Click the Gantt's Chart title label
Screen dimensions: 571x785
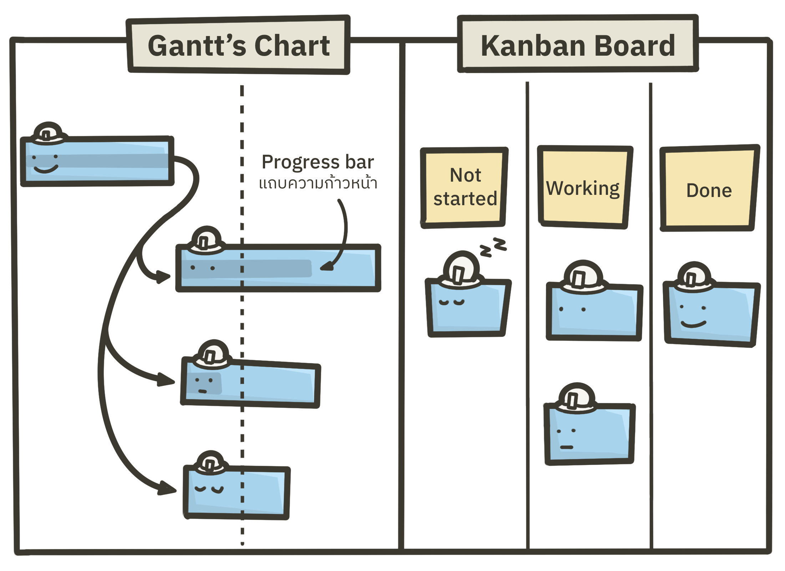238,45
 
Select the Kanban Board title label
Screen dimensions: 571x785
578,45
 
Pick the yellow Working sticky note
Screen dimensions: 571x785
584,187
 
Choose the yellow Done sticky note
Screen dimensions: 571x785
709,189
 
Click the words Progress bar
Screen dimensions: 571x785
318,162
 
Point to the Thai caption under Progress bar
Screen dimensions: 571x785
318,183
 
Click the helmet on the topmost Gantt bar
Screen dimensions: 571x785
48,133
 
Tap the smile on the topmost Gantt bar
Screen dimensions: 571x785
46,169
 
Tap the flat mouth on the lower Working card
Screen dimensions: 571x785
566,447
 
